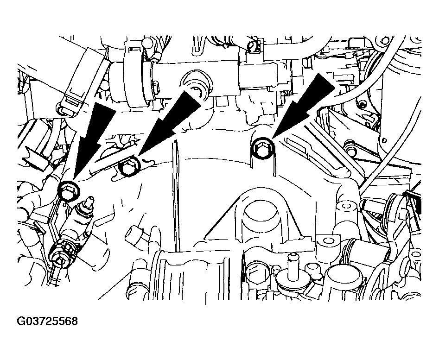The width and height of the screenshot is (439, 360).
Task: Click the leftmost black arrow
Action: pyautogui.click(x=92, y=140)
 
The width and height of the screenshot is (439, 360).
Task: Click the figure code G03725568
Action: pyautogui.click(x=47, y=321)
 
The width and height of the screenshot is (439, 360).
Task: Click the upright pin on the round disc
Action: pyautogui.click(x=293, y=266)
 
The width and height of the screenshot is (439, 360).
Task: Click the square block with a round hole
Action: pyautogui.click(x=328, y=241)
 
